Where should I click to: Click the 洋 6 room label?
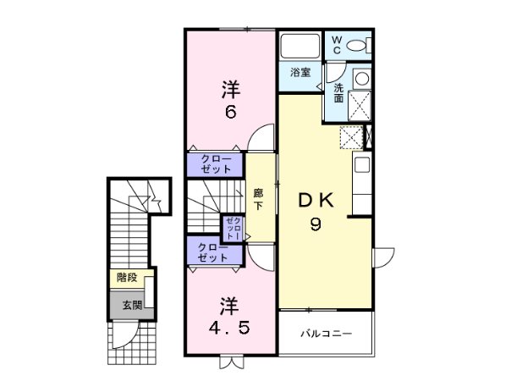(x=229, y=99)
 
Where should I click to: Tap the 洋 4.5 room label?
(x=229, y=315)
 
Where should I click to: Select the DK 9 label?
(x=316, y=213)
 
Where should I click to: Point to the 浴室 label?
(x=301, y=73)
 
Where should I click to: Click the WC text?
(x=335, y=45)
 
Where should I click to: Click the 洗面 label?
(x=338, y=92)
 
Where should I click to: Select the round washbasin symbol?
(x=360, y=79)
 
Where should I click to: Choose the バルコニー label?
(x=325, y=334)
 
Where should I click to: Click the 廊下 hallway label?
(x=259, y=199)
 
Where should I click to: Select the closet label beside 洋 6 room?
(x=216, y=163)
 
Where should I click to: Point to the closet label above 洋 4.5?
(x=212, y=252)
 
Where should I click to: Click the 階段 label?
(x=127, y=278)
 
